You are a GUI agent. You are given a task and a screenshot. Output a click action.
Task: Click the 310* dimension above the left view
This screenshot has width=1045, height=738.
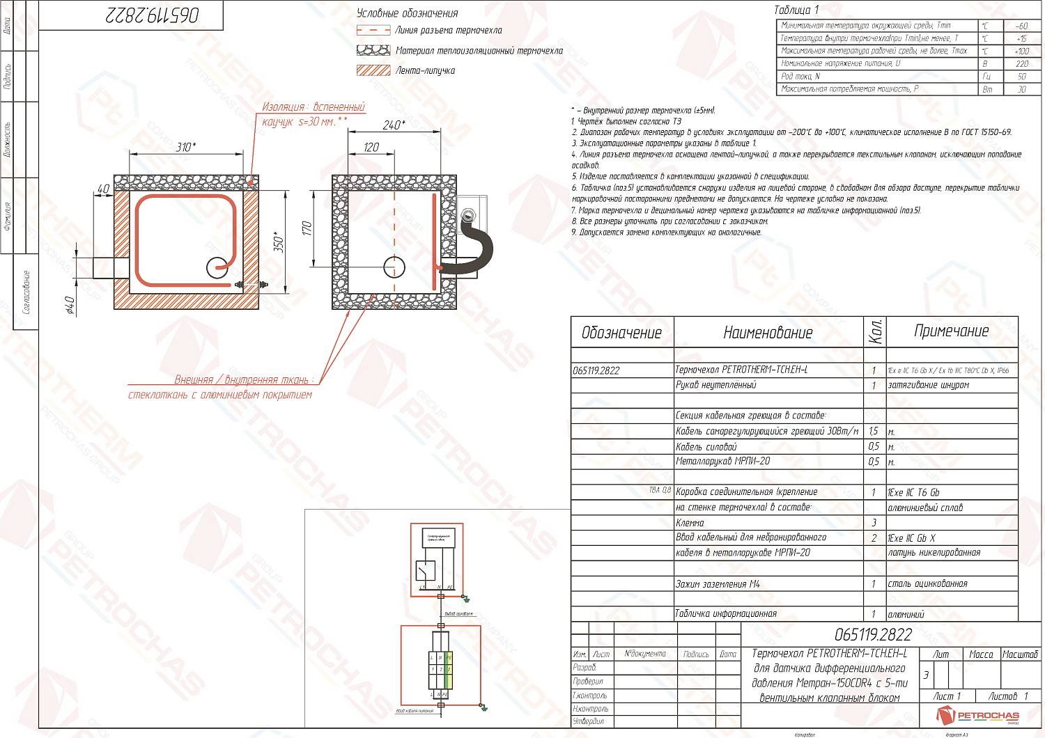point(186,147)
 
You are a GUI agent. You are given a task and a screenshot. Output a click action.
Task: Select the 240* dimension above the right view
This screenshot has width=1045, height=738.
point(394,125)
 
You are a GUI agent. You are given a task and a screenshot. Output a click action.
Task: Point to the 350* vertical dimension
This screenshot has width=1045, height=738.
point(279,242)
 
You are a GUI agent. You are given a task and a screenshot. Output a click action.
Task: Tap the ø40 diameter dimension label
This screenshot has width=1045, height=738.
point(70,305)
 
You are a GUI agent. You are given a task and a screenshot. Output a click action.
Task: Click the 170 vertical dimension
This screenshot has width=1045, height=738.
point(307,228)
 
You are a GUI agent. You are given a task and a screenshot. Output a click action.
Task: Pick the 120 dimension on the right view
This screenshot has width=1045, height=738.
point(371,147)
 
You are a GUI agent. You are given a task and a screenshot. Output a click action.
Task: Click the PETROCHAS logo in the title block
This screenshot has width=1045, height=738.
point(978,715)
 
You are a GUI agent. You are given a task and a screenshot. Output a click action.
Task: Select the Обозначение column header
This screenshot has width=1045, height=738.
point(621,333)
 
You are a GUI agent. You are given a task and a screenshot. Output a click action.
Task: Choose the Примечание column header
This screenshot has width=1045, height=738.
point(951,331)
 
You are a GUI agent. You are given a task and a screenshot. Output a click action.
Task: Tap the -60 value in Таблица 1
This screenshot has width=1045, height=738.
point(1021,26)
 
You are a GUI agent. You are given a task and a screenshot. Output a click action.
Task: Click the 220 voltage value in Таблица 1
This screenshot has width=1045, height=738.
point(1021,63)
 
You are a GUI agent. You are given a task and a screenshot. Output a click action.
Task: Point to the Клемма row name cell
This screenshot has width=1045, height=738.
point(690,523)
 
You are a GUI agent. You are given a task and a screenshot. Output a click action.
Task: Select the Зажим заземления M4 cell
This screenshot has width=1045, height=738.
point(718,584)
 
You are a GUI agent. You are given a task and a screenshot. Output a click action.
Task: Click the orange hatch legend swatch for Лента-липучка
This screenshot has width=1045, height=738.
point(373,70)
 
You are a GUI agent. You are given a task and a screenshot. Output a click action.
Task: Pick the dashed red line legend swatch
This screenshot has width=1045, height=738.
point(373,30)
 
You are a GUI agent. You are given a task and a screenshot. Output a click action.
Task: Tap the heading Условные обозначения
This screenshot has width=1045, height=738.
point(408,13)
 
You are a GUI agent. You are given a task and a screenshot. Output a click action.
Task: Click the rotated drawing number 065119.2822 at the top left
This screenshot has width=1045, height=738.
point(153,15)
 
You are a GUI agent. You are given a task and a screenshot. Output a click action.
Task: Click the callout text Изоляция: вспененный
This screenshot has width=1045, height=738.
point(313,107)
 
